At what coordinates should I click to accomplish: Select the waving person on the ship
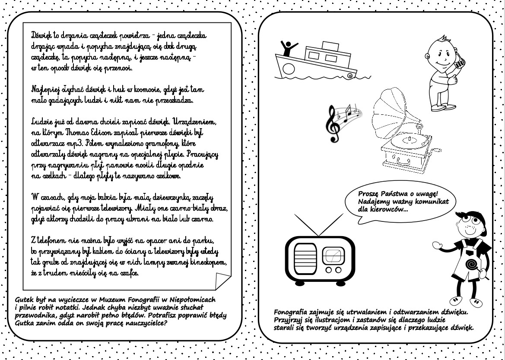pos(288,47)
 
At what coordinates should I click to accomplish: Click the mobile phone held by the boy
pos(459,64)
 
